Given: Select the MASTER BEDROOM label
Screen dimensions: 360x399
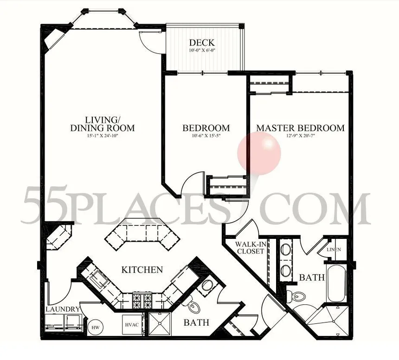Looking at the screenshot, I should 300,128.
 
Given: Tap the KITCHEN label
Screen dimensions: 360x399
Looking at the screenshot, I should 142,270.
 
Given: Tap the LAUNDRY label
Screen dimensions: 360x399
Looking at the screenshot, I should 63,309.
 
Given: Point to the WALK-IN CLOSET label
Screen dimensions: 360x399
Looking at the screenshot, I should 250,248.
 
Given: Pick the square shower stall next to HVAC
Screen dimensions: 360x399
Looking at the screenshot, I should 160,326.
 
